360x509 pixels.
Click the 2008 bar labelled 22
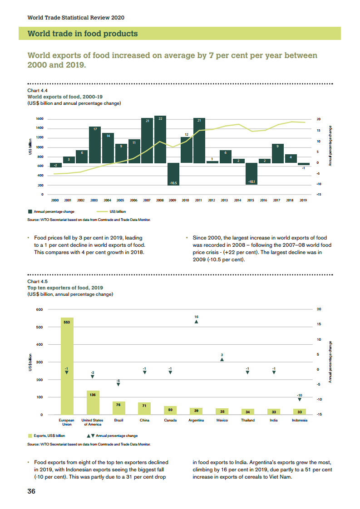click(160, 140)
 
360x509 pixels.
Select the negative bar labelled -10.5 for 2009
click(173, 174)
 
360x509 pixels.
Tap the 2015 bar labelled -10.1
click(252, 173)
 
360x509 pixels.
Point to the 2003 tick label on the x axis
click(94, 200)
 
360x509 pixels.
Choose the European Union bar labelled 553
click(67, 366)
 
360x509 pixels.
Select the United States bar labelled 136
click(93, 402)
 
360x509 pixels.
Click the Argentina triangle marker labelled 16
click(196, 321)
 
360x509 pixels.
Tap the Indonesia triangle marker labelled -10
click(299, 399)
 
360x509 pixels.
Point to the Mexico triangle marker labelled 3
click(222, 359)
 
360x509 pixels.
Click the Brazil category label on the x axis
click(118, 420)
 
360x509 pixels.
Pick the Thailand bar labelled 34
click(247, 411)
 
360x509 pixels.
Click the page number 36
click(31, 491)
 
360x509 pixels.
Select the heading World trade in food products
click(83, 34)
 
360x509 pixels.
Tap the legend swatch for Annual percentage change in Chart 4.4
click(30, 211)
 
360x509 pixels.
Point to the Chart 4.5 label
click(38, 282)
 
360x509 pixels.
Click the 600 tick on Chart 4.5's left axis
click(39, 309)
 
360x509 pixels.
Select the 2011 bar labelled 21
click(199, 141)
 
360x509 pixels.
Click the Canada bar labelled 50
click(170, 410)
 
